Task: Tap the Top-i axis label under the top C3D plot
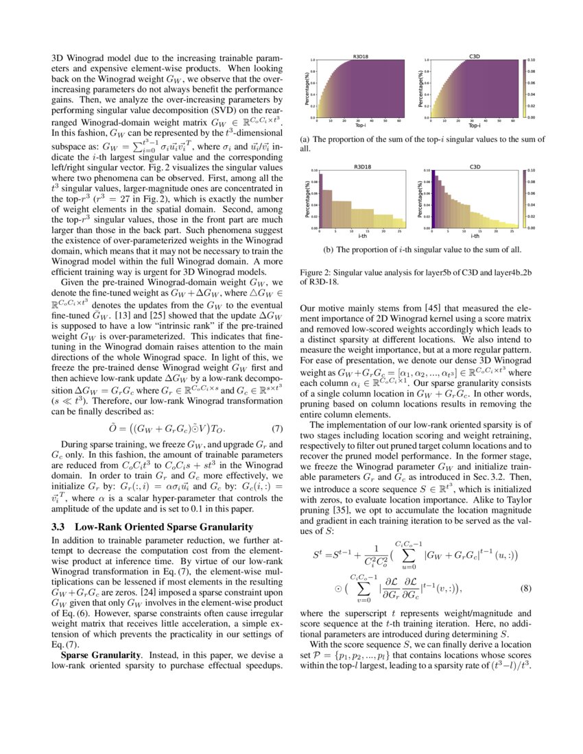coord(474,126)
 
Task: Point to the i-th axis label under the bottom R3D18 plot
coord(361,236)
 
